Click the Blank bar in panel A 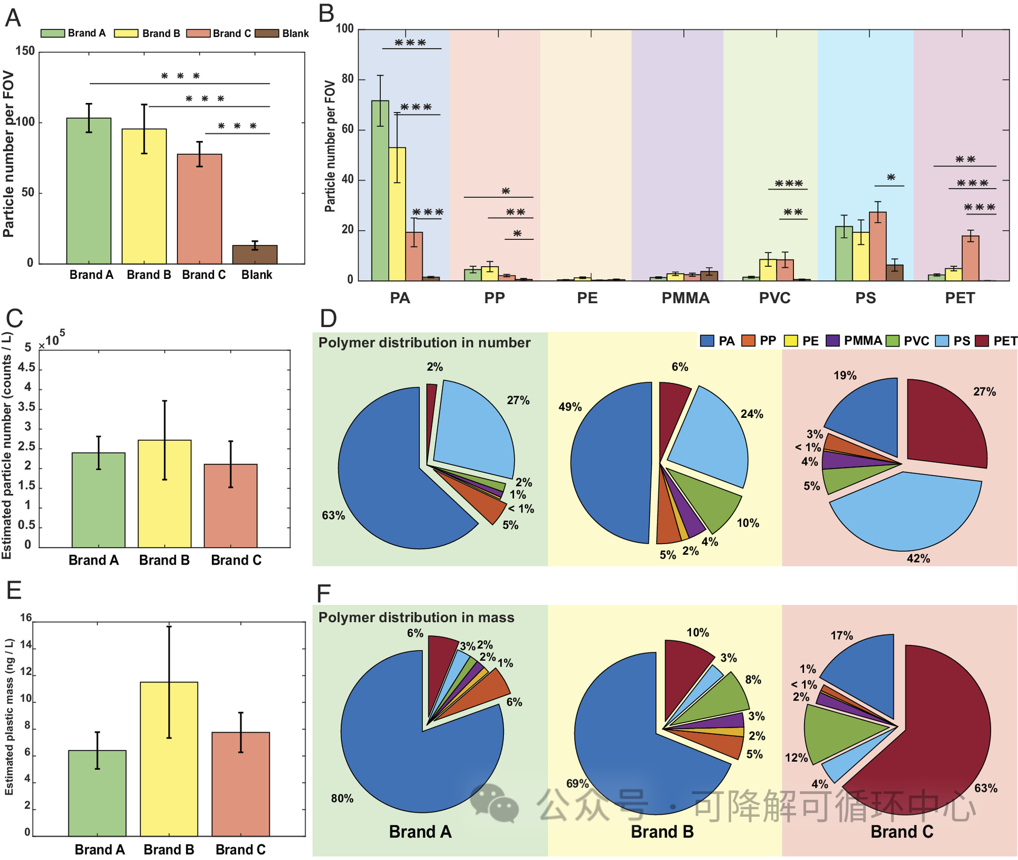pyautogui.click(x=255, y=255)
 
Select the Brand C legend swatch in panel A pyautogui.click(x=199, y=33)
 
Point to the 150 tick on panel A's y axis pyautogui.click(x=25, y=51)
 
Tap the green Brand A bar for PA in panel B pyautogui.click(x=380, y=190)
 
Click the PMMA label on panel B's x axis pyautogui.click(x=685, y=298)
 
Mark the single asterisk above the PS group pyautogui.click(x=891, y=178)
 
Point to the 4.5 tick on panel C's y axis pyautogui.click(x=26, y=367)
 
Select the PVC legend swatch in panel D pyautogui.click(x=892, y=341)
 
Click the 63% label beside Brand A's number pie pyautogui.click(x=333, y=515)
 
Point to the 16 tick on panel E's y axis pyautogui.click(x=26, y=618)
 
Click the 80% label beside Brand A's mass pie pyautogui.click(x=342, y=798)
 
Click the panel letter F pyautogui.click(x=323, y=593)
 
